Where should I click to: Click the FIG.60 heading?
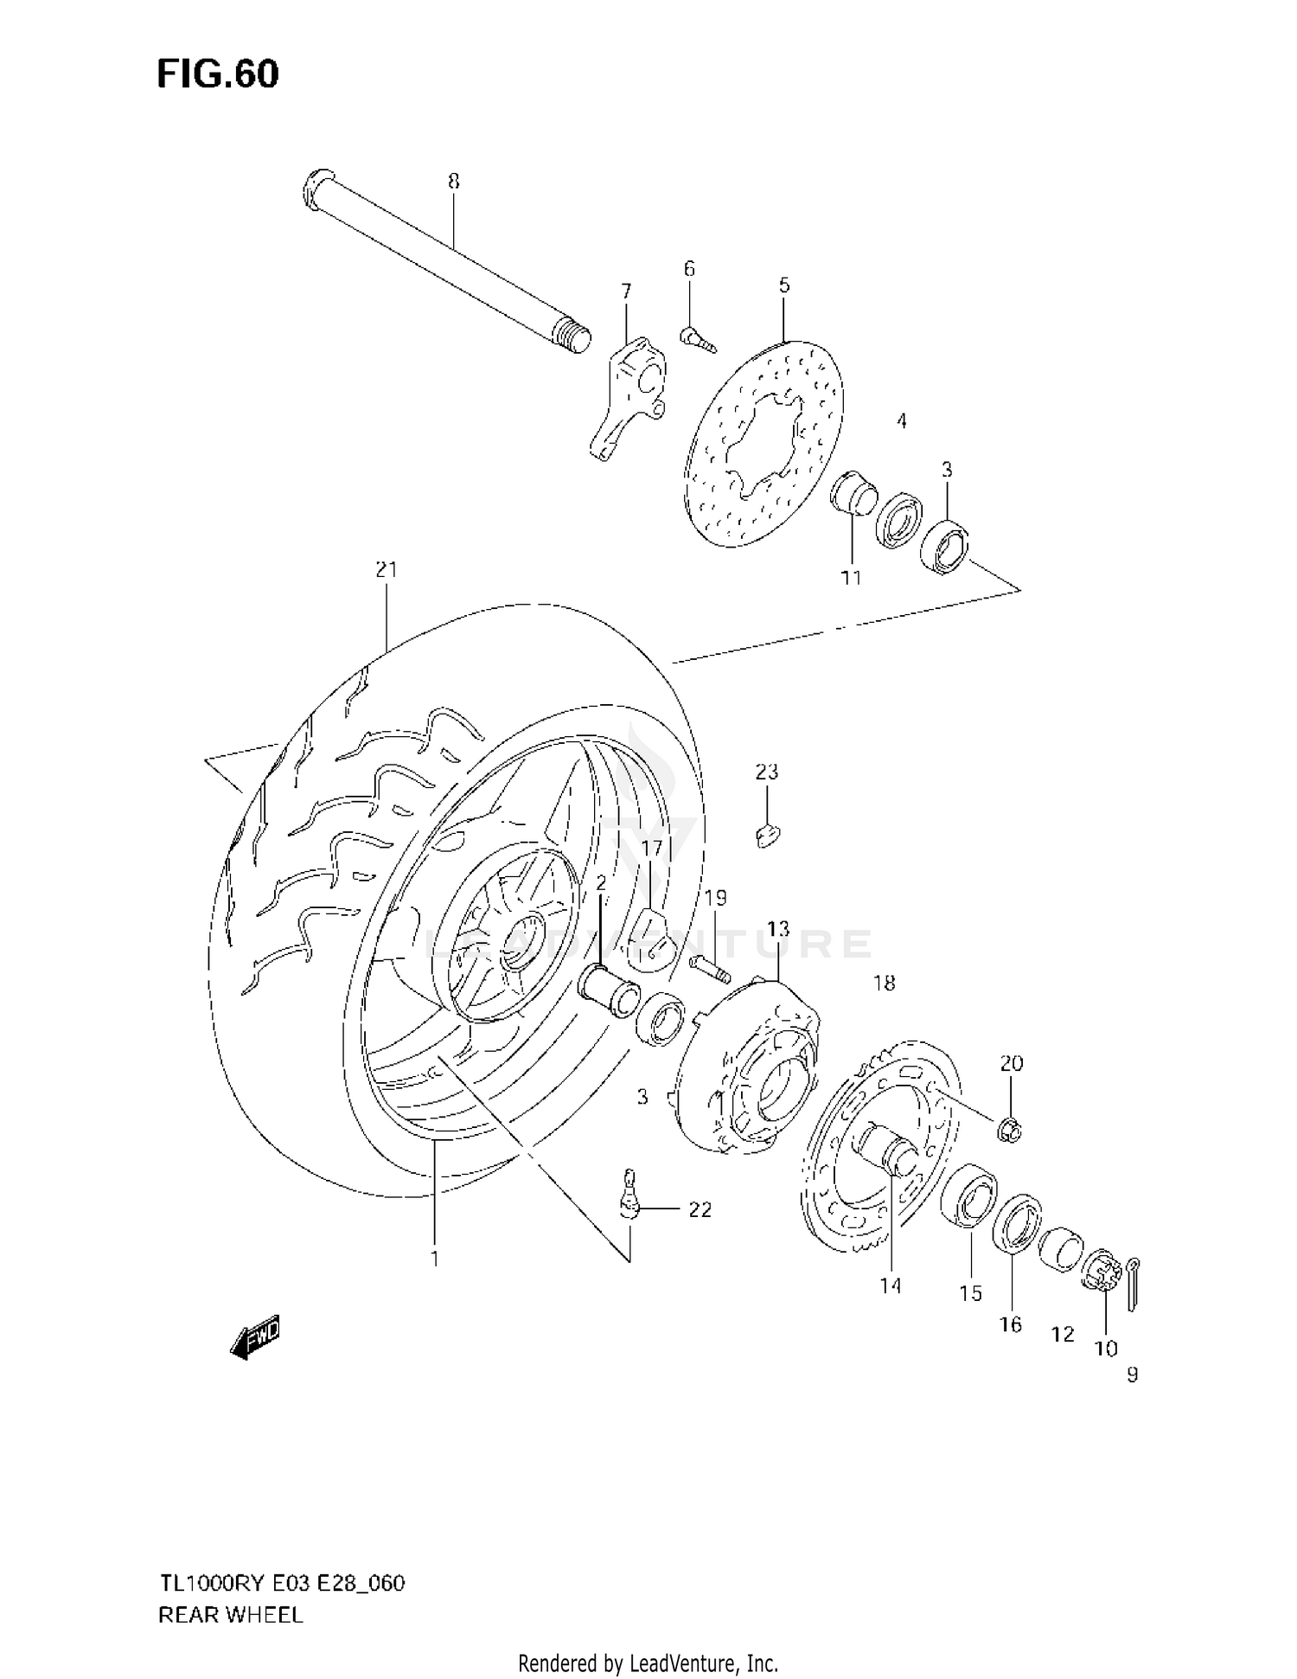218,74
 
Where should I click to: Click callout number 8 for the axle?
454,181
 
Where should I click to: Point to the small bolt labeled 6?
697,339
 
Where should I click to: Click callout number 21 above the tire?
386,569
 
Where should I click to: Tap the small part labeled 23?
766,835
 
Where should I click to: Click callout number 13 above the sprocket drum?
778,929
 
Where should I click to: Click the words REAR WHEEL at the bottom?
231,1616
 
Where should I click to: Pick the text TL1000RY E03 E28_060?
282,1584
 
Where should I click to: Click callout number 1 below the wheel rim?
435,1259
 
